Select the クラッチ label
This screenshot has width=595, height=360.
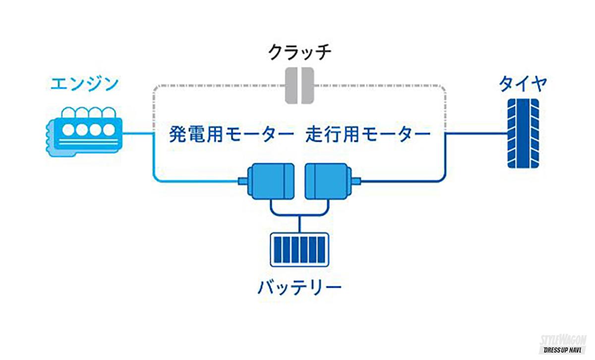[299, 52]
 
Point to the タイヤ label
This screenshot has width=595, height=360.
[523, 83]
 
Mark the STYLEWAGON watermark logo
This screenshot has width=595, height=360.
[563, 343]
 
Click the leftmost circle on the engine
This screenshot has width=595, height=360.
[68, 130]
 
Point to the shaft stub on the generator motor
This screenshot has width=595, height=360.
[242, 181]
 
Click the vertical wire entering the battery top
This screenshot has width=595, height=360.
[299, 226]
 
